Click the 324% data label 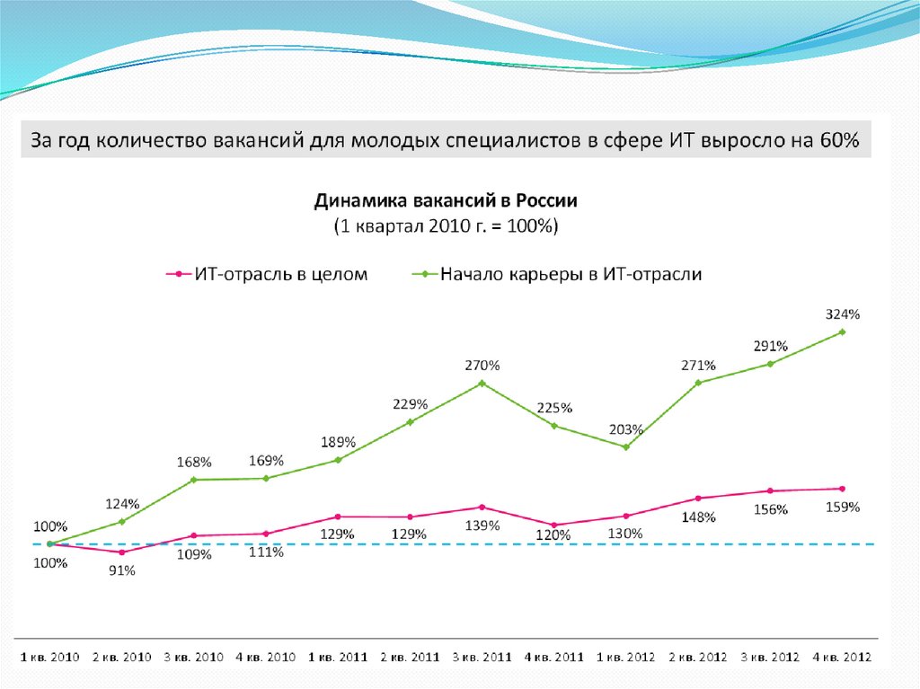click(843, 314)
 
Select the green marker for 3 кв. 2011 click(482, 384)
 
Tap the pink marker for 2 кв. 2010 click(121, 552)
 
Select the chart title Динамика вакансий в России click(445, 199)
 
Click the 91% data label click(122, 571)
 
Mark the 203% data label click(627, 428)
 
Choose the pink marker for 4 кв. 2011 click(553, 525)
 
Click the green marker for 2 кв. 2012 click(698, 383)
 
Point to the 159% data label click(843, 507)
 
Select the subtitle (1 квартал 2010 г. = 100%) click(445, 226)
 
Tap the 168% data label click(194, 462)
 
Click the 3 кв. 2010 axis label click(193, 657)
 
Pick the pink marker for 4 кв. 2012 click(843, 489)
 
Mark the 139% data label click(482, 526)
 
